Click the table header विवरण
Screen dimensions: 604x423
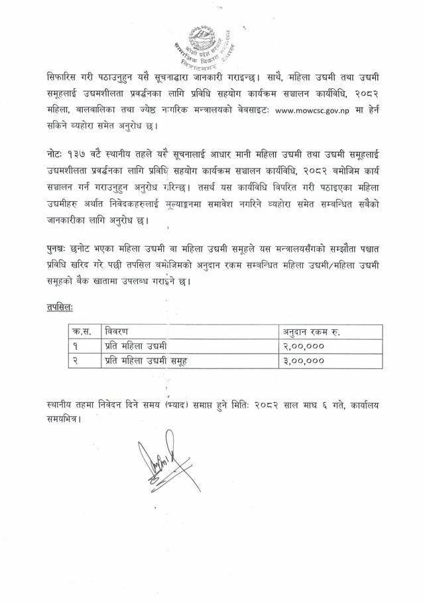(x=119, y=331)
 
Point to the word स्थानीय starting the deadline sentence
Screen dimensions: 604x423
(x=62, y=404)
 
